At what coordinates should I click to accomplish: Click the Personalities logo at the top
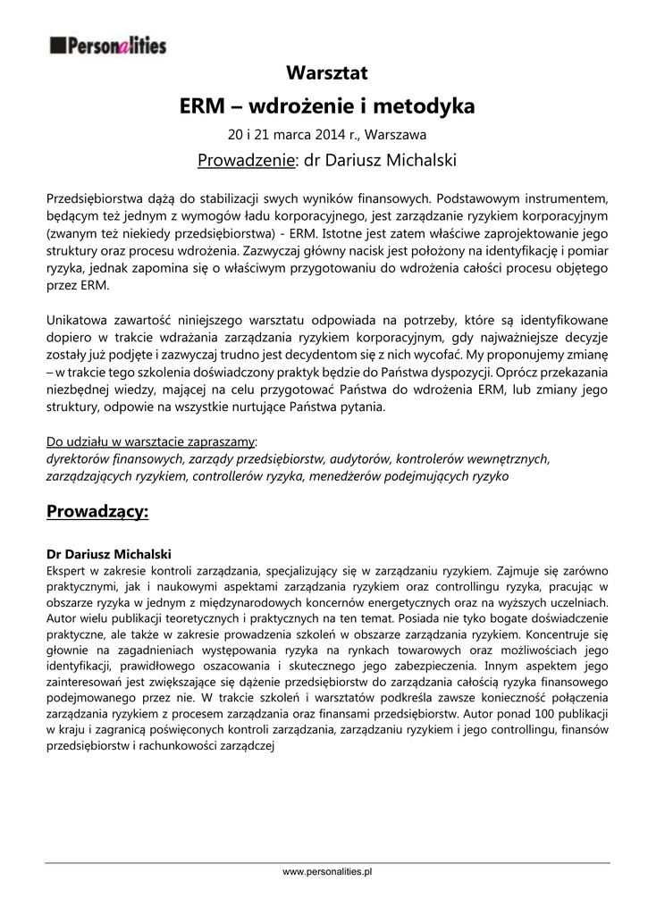pos(107,45)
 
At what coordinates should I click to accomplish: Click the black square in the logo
pos(57,45)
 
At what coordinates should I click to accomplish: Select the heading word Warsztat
pos(327,72)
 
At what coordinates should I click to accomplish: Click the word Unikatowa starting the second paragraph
pos(76,319)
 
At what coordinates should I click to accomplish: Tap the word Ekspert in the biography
pos(67,569)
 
